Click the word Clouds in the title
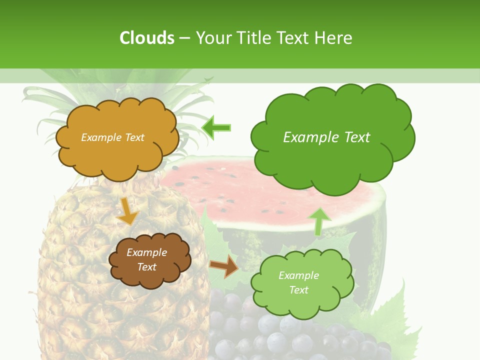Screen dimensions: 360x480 tap(147, 38)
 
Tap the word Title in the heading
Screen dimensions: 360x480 tap(253, 38)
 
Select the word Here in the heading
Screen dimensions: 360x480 tap(333, 38)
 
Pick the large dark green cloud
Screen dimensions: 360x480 tap(330, 160)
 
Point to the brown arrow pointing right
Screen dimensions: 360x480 tap(224, 266)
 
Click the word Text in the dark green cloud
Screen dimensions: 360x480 tap(352, 137)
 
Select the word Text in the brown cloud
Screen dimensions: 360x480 tap(147, 267)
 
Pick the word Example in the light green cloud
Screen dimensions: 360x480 tap(298, 275)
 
